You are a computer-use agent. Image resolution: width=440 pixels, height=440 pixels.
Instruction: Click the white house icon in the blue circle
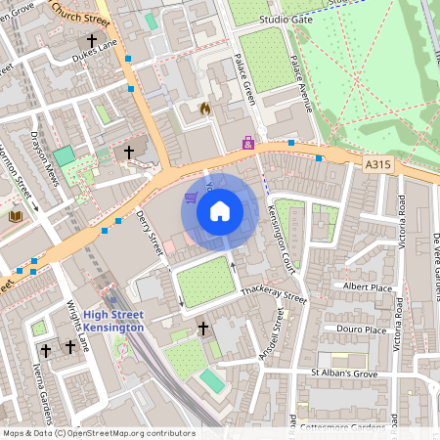220,210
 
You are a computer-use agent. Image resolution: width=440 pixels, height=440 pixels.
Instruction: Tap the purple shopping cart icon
190,197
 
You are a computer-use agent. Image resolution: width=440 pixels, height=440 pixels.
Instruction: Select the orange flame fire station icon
204,109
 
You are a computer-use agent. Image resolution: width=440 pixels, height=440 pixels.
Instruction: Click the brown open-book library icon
16,216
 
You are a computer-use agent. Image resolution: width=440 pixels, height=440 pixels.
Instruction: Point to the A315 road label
378,165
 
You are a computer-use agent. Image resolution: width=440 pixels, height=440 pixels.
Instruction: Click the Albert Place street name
367,286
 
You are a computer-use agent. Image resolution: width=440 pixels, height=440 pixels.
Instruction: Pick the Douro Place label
361,330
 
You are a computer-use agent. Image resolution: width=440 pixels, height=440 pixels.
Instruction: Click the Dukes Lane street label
94,58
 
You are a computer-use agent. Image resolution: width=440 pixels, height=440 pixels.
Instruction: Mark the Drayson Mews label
45,157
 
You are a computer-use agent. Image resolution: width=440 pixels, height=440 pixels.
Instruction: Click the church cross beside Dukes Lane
93,41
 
